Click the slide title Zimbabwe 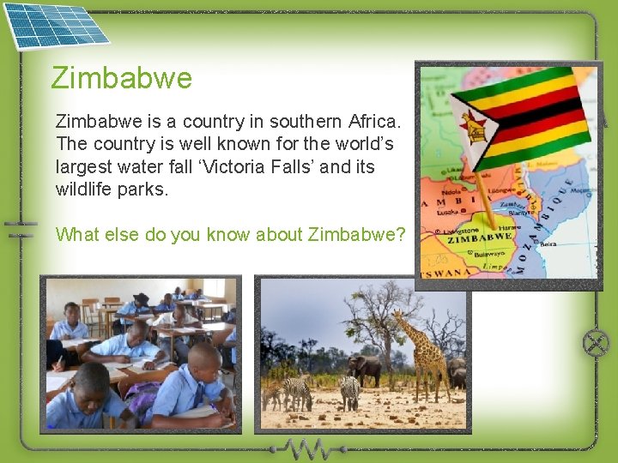coord(122,78)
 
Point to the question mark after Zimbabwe coord(400,234)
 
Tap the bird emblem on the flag coord(473,127)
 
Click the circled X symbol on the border coord(595,344)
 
